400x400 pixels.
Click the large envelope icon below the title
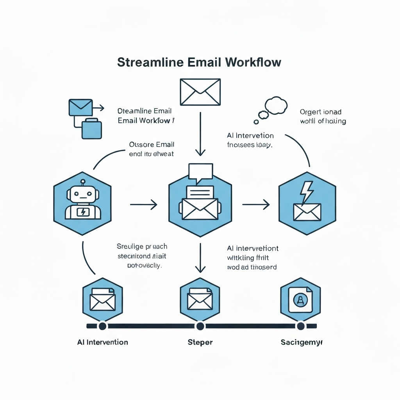[200, 92]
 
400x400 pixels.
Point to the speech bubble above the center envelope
[200, 172]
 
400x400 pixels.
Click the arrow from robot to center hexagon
[143, 204]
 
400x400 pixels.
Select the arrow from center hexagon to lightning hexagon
[256, 204]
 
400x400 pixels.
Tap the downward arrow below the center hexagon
[200, 258]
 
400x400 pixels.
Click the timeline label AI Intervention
[103, 342]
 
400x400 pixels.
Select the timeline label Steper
[200, 342]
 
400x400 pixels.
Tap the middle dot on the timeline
[200, 326]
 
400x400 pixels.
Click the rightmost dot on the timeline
[300, 326]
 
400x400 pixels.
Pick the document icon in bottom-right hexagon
[300, 300]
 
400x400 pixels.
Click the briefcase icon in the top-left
[92, 129]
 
